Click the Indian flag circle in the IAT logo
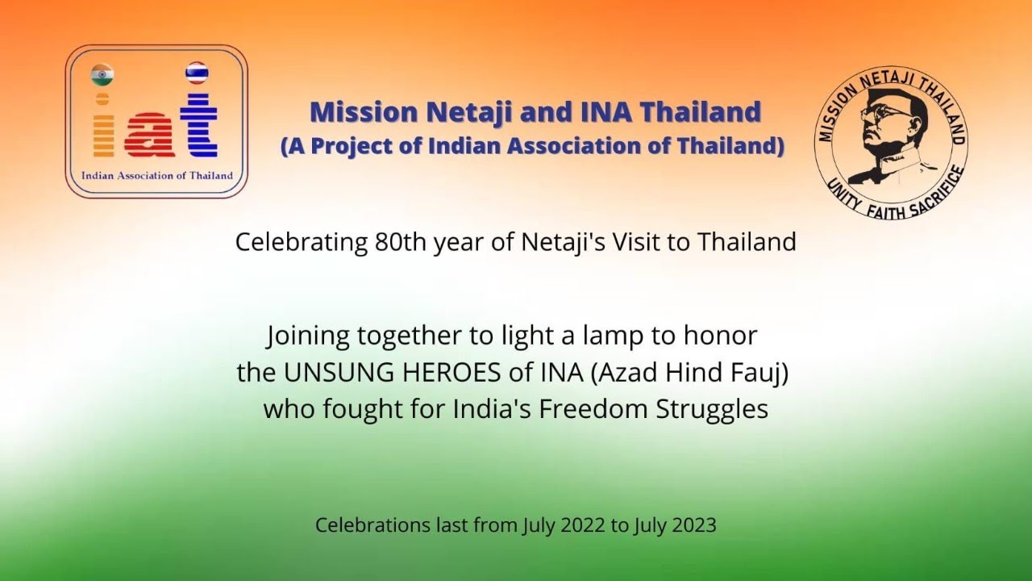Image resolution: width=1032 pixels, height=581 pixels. coord(102,74)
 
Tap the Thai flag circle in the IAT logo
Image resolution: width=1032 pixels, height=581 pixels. coord(197,73)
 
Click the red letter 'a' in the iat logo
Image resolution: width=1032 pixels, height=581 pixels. coord(148,132)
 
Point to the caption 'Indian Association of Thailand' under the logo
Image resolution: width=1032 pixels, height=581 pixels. coord(157,175)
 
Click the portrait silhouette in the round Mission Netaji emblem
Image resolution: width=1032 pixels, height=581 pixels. coord(887,133)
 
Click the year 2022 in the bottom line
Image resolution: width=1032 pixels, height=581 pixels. coord(578,525)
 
